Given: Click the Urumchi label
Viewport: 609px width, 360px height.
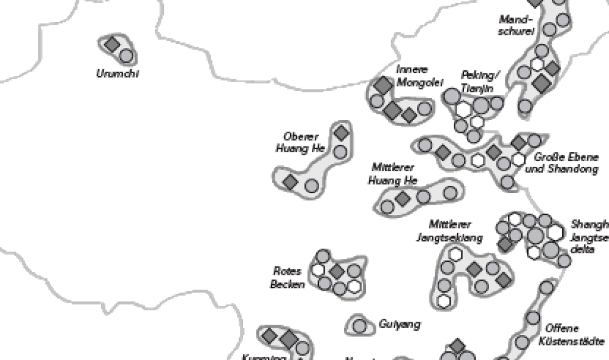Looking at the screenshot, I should [117, 74].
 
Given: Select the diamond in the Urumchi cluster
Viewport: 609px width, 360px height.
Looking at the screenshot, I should [111, 44].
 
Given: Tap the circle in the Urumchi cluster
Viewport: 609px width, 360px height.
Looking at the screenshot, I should [126, 56].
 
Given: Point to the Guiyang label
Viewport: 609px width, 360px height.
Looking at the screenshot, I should [400, 325].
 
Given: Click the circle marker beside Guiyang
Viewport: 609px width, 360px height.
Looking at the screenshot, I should [360, 326].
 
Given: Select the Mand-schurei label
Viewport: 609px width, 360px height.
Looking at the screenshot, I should [516, 25].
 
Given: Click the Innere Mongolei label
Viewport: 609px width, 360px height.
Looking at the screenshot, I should [419, 76].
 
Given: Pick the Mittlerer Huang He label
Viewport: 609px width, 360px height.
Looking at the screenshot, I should [393, 174].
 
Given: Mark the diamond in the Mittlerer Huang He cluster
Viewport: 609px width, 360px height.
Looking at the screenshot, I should [402, 198].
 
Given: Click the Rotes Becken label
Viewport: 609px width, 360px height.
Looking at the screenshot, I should [288, 277].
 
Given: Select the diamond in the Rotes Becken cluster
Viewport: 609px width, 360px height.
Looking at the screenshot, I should [337, 270].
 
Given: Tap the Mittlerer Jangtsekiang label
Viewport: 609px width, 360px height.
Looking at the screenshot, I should [449, 231].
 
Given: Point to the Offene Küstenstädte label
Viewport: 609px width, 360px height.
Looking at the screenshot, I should [571, 334].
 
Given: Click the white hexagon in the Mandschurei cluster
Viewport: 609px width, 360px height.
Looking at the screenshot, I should [537, 64].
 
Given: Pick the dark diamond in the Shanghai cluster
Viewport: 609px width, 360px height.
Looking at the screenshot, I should [505, 244].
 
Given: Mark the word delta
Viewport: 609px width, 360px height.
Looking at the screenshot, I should [583, 250].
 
